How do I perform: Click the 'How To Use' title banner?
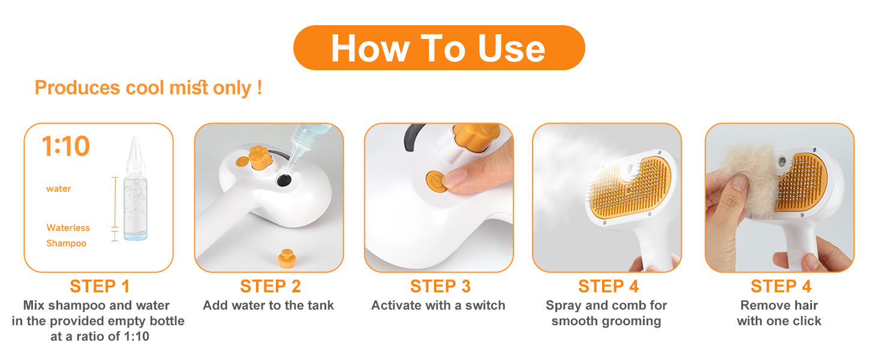click(438, 48)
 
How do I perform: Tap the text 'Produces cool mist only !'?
click(148, 88)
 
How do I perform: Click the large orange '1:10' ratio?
click(65, 146)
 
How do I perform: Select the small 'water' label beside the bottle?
click(59, 189)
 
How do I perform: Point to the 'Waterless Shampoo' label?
click(68, 235)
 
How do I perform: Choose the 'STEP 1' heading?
click(100, 286)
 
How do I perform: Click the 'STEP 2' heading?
click(270, 286)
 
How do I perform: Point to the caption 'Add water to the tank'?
click(268, 305)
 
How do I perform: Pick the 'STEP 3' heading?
click(440, 286)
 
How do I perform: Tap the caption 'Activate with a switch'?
click(438, 305)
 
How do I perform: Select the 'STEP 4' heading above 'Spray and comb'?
click(608, 286)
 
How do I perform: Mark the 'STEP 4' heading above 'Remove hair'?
click(780, 286)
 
